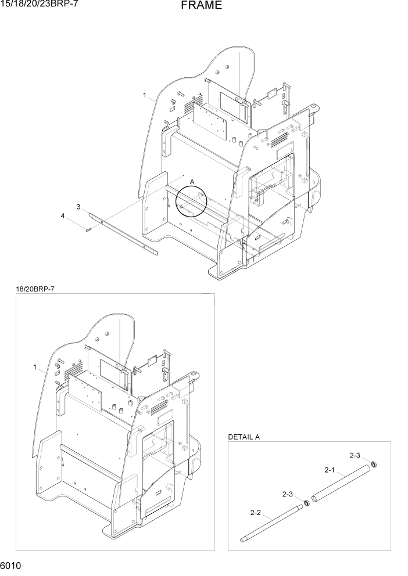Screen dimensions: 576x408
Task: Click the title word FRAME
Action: click(201, 6)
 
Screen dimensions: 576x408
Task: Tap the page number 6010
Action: click(12, 565)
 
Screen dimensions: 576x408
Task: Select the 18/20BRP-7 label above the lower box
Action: click(35, 289)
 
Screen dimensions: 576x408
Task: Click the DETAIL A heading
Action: click(244, 437)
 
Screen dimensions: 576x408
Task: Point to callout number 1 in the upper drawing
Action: click(145, 95)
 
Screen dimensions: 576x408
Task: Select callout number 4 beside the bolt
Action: click(63, 217)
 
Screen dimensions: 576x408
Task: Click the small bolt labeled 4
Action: click(88, 230)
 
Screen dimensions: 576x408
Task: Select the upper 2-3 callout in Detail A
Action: click(355, 455)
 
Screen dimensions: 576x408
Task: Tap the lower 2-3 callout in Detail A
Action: click(288, 494)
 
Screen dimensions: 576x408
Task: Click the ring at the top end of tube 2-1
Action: click(374, 463)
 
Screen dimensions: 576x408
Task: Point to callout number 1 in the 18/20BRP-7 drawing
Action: click(35, 367)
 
